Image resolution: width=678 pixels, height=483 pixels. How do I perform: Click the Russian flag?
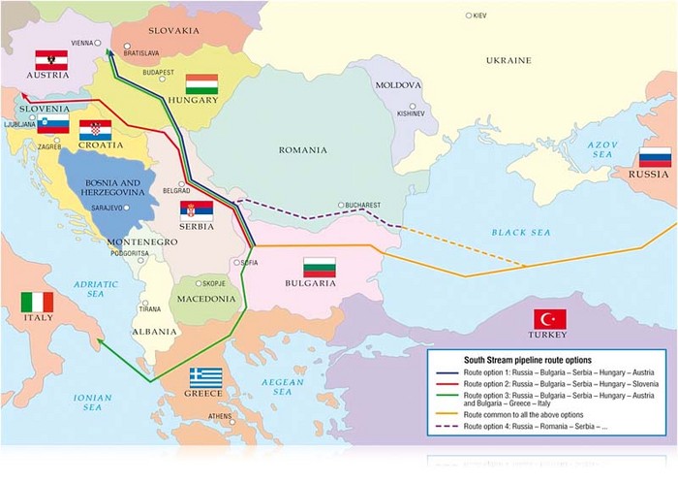pyautogui.click(x=655, y=158)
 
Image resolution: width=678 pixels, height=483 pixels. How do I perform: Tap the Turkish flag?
pyautogui.click(x=549, y=319)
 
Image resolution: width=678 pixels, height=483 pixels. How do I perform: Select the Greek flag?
pyautogui.click(x=205, y=377)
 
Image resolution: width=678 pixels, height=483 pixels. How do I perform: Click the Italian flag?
pyautogui.click(x=38, y=302)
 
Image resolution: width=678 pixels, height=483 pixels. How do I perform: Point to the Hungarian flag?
pyautogui.click(x=202, y=83)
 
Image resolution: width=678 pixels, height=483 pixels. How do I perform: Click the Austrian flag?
pyautogui.click(x=50, y=59)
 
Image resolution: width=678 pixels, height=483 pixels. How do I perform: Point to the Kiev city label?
pyautogui.click(x=478, y=16)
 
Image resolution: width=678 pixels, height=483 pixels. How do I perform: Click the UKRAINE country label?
pyautogui.click(x=508, y=60)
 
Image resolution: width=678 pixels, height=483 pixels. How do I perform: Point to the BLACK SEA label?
pyautogui.click(x=520, y=233)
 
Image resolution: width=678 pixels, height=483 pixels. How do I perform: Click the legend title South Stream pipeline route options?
pyautogui.click(x=513, y=359)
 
